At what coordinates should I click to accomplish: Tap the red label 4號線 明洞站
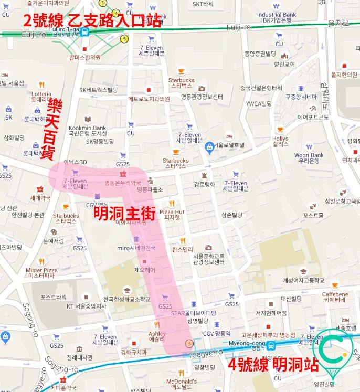tap(272, 364)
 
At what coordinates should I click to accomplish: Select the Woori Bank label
tap(309, 158)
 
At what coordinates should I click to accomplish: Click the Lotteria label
tap(41, 96)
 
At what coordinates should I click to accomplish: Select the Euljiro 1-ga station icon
tap(85, 31)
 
